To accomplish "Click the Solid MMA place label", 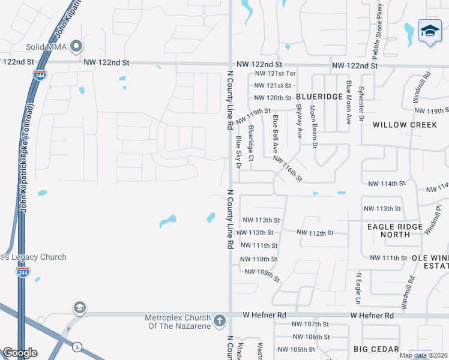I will tap(45, 47).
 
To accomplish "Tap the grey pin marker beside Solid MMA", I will tap(76, 46).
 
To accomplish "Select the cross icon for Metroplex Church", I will tap(220, 320).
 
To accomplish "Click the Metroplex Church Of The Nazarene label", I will tap(178, 322).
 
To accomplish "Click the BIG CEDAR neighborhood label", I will tap(376, 349).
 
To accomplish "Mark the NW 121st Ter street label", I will tap(276, 73).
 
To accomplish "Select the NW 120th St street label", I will tap(273, 98).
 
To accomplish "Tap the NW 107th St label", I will tap(310, 324).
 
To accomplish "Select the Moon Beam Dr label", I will tap(313, 127).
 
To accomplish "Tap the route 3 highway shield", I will tap(77, 347).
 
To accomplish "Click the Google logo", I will tap(20, 353).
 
